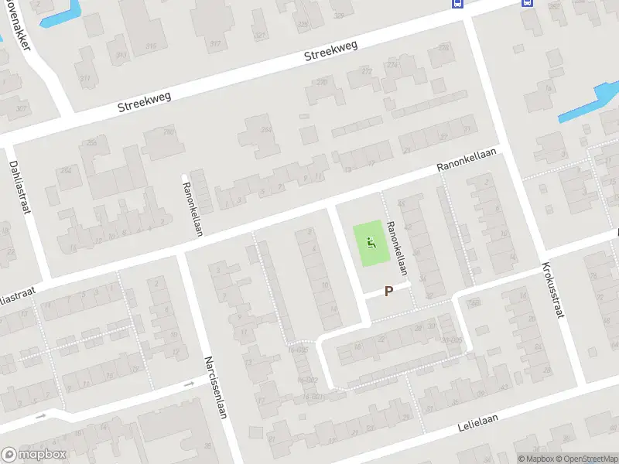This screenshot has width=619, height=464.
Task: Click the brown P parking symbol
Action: (388, 292)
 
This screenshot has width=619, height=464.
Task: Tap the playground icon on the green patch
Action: (371, 243)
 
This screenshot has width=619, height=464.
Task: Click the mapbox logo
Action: (34, 455)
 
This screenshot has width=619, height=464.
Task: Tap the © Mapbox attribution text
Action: (535, 459)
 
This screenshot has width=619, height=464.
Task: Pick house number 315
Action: (151, 46)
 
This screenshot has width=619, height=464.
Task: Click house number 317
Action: (215, 43)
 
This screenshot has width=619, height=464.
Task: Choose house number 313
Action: (121, 56)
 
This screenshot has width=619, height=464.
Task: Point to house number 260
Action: (169, 132)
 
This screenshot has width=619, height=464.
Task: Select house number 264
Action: (266, 130)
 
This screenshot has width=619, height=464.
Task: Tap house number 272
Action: (366, 71)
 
